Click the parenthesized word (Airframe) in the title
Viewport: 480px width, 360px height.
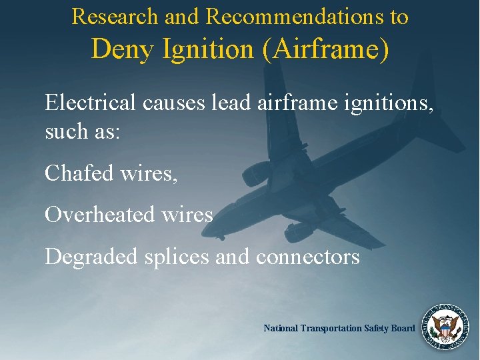[325, 49]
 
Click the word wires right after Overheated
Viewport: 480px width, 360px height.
[187, 215]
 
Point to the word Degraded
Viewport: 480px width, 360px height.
[90, 257]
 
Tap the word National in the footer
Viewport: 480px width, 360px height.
[281, 328]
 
